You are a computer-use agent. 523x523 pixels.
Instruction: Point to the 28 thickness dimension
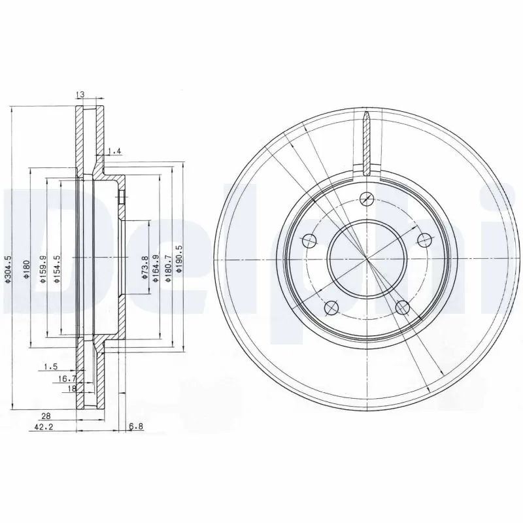coord(46,416)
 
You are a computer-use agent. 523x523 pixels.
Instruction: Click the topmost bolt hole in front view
coord(367,199)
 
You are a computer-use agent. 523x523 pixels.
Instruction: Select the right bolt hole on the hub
coord(424,239)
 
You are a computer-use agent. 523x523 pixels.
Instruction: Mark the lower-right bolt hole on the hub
coord(402,307)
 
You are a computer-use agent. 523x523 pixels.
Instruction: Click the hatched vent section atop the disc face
coord(367,143)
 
